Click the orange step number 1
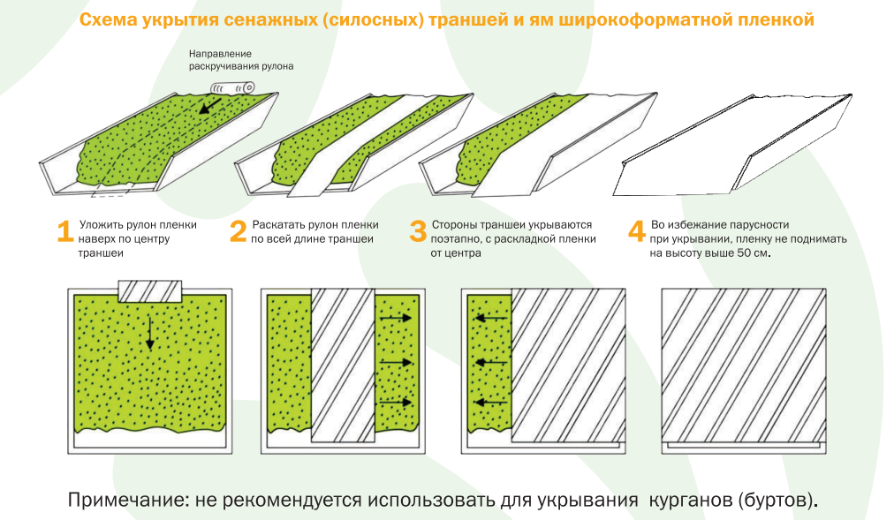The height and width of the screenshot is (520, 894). pos(64,231)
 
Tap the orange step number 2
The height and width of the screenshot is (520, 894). pos(238,231)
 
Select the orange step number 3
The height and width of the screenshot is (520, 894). pos(418,231)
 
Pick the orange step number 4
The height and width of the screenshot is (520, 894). pos(637,231)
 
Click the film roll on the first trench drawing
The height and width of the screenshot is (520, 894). pos(232,87)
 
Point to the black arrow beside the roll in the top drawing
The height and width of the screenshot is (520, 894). pos(210,106)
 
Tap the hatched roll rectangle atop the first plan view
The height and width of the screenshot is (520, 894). pos(149,291)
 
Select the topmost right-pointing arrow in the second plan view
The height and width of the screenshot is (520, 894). pos(395,318)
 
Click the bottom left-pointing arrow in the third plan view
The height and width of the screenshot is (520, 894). pos(491,403)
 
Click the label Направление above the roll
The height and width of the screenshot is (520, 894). pos(217,54)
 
